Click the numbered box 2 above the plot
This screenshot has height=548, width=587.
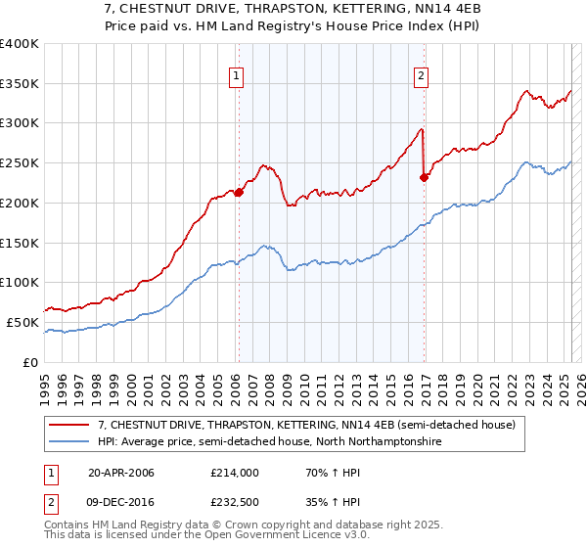tap(421, 73)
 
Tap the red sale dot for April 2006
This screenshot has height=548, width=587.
tap(239, 192)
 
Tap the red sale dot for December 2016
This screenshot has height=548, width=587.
tap(424, 177)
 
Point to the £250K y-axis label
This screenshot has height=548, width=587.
tap(20, 162)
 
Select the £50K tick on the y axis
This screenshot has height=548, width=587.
tap(23, 322)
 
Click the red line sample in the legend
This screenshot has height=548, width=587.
tap(70, 425)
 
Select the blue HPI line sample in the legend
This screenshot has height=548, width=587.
tap(70, 442)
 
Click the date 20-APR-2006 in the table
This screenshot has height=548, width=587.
tap(120, 473)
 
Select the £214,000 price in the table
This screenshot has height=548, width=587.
tap(234, 473)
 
